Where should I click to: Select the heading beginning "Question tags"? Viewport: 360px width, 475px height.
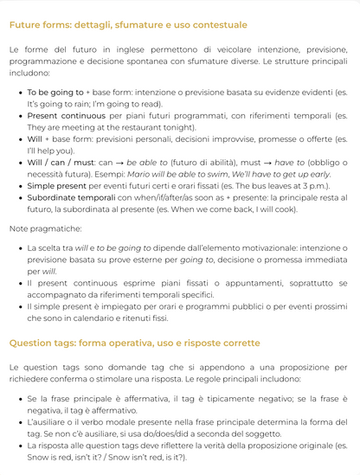tap(134, 343)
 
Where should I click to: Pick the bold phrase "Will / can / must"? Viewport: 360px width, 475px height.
tap(61, 162)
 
